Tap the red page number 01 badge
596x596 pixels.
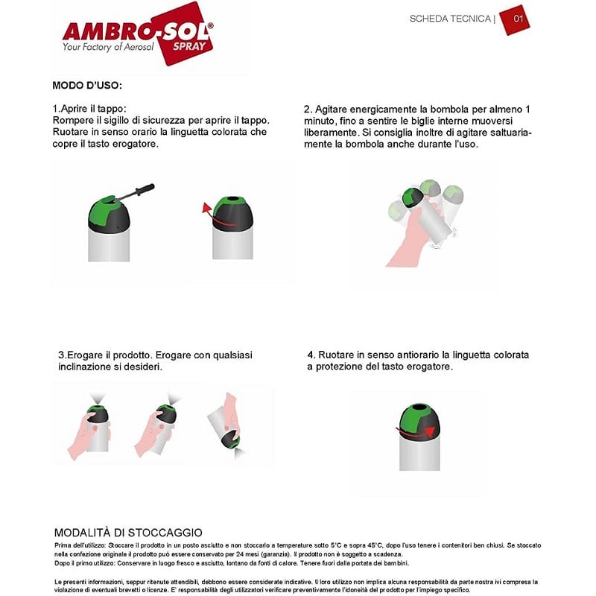point(515,20)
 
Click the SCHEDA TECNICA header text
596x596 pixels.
point(450,19)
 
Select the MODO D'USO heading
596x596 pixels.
point(87,85)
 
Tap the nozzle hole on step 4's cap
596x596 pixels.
point(419,408)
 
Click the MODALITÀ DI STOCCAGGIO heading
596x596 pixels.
point(128,532)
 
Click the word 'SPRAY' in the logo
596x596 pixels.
point(189,47)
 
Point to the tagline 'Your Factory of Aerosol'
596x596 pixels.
point(108,47)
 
